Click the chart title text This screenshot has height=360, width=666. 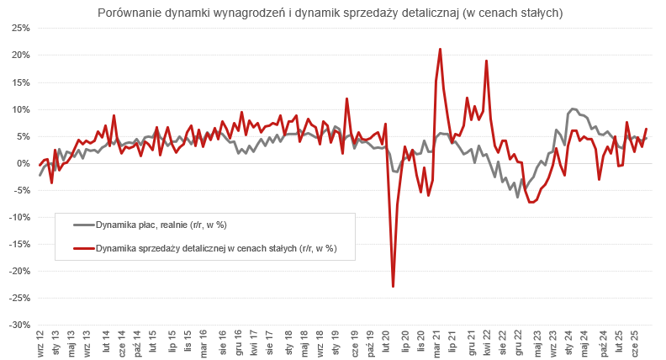coord(330,13)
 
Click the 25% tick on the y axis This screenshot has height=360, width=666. coord(20,29)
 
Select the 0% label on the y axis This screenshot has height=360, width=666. coord(24,163)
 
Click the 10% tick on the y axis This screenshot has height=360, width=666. coord(20,109)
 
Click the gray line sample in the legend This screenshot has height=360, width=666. coord(83,225)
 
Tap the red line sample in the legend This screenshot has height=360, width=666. coord(83,248)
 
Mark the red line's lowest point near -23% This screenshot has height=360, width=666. coord(393,287)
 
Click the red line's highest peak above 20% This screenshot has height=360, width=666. coord(440,49)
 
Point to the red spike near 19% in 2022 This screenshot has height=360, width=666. coord(486,61)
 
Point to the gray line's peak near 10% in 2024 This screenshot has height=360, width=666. coord(573,109)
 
